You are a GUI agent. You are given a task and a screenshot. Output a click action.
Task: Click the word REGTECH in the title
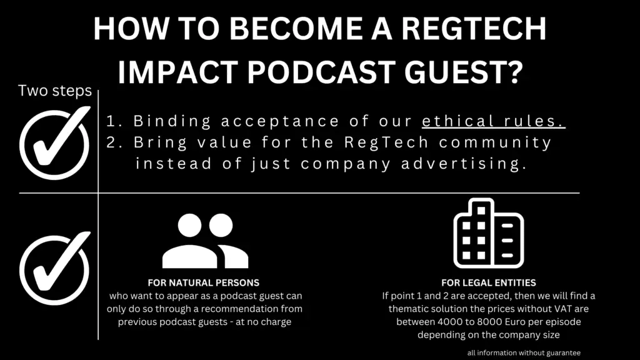pos(474,29)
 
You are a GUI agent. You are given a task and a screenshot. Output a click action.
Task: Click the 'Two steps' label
pos(55,91)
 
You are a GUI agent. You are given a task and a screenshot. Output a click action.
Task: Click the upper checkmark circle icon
pos(54,143)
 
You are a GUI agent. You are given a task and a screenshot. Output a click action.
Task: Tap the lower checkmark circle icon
pos(54,269)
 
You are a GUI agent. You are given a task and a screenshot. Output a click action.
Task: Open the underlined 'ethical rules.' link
pos(494,121)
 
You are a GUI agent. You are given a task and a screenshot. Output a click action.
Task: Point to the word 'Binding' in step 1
pos(172,121)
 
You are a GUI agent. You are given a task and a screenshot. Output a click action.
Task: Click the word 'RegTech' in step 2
pos(386,142)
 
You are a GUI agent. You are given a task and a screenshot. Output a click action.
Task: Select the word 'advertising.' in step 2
pos(464,164)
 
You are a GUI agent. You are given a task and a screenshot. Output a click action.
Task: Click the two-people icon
pos(205,241)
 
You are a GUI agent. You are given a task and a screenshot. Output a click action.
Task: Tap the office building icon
pos(489,234)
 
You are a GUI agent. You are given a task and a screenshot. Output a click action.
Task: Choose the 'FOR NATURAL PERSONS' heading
pos(204,283)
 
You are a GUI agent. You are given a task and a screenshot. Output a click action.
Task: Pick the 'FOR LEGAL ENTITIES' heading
pos(489,283)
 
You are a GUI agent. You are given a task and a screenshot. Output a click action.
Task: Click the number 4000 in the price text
pos(450,322)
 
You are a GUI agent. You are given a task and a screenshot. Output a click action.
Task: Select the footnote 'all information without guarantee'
pos(524,353)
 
